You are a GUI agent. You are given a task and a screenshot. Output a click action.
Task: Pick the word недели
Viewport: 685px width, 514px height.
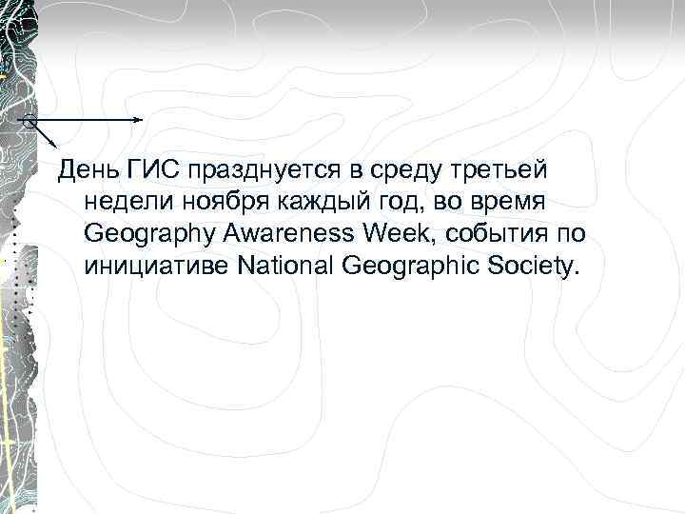click(x=122, y=202)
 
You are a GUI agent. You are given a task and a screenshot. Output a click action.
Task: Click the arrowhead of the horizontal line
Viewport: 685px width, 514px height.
click(x=140, y=120)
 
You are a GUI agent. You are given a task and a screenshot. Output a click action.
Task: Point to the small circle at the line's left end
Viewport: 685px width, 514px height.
click(x=29, y=122)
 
